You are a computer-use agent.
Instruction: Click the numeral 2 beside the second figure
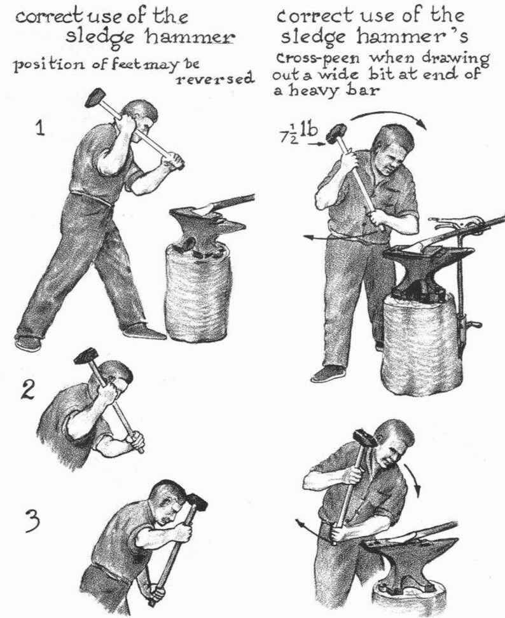point(27,390)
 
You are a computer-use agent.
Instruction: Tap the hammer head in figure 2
point(85,357)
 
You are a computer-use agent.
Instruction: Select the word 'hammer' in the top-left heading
point(190,38)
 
